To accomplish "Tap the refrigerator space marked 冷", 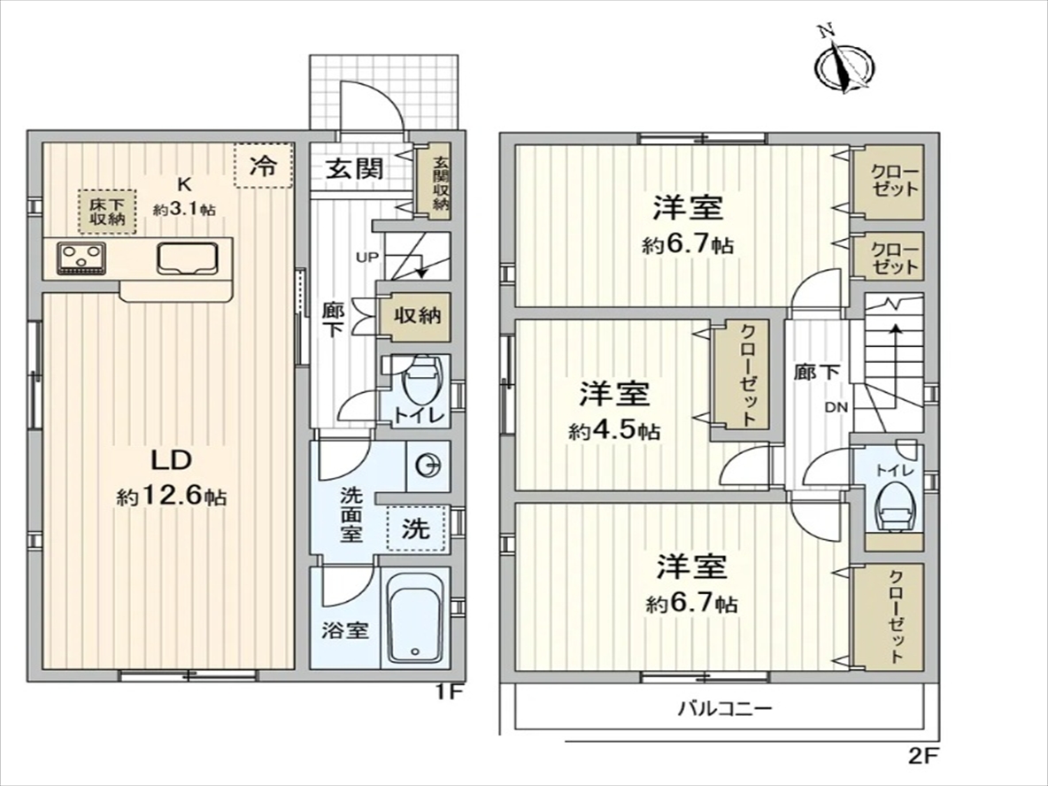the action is coord(264,166).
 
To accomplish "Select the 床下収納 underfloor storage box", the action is coord(107,212).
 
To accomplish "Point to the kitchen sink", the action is coord(188,258).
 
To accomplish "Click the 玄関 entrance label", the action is coord(354,168).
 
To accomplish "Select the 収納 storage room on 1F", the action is coord(416,316).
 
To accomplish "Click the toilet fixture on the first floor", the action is coord(420,381).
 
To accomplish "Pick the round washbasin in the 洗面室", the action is coord(428,466).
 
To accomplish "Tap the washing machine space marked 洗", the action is coord(416,528).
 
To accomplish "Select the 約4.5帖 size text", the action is coord(614,431).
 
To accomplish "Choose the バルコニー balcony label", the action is coord(725,708).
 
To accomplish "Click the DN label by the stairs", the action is coord(836,406).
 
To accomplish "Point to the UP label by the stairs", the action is coord(367,258).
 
